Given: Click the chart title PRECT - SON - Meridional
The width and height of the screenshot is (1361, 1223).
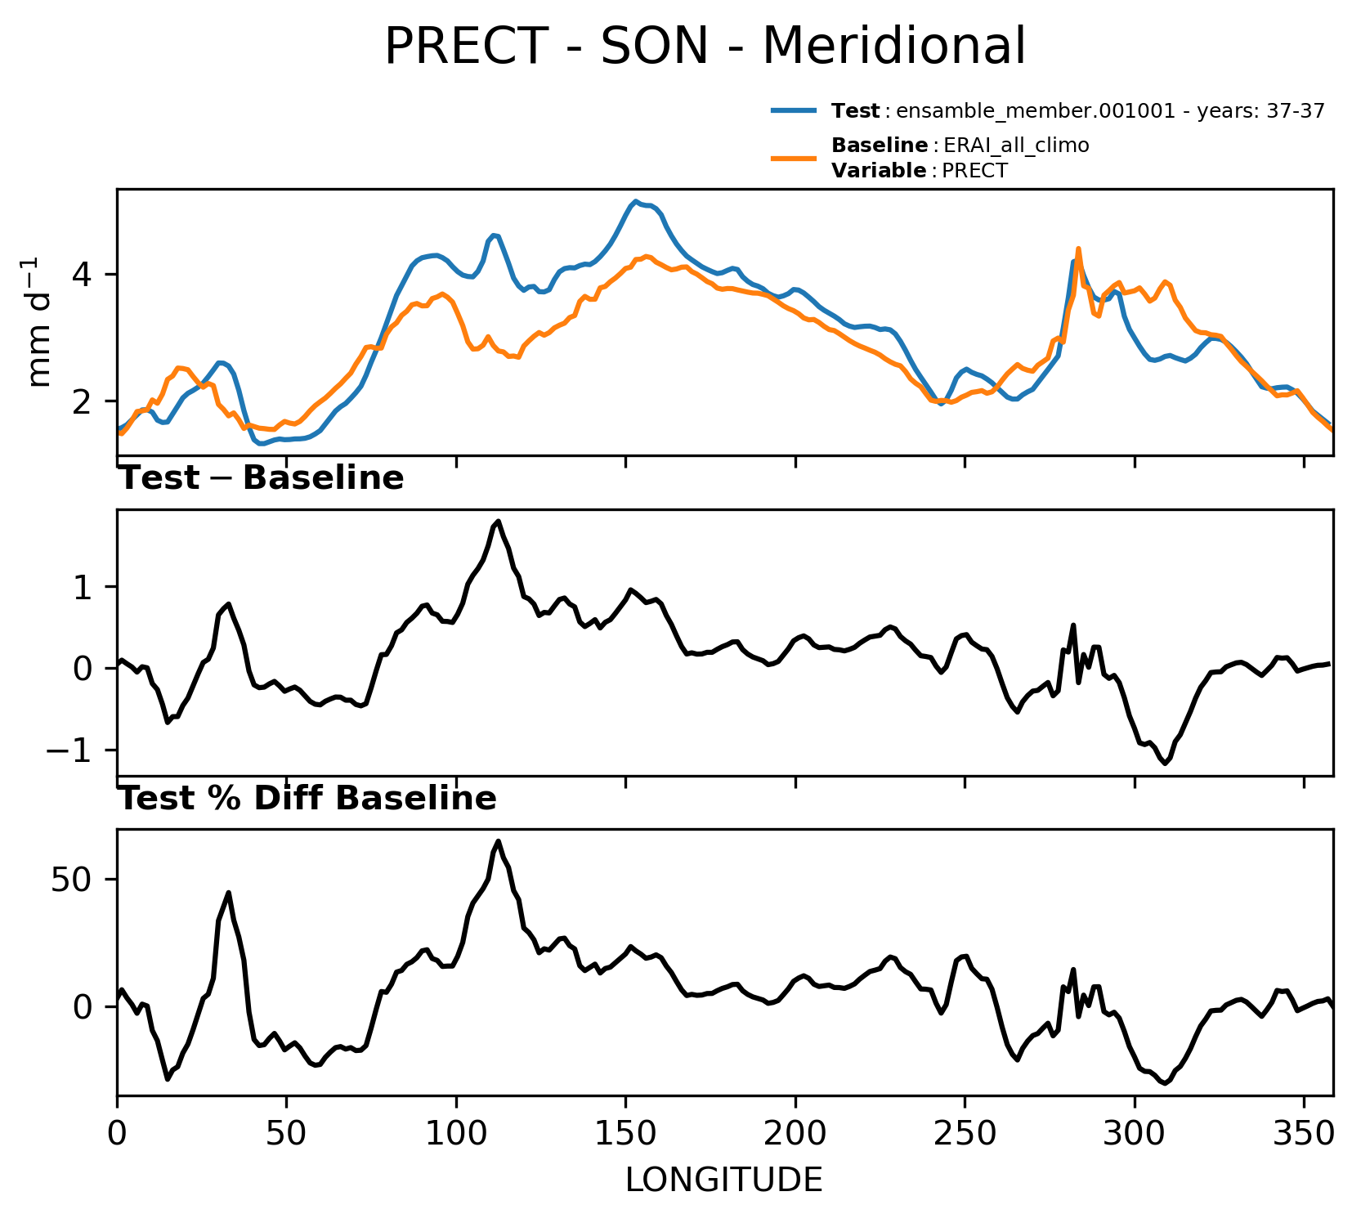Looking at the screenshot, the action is [x=705, y=46].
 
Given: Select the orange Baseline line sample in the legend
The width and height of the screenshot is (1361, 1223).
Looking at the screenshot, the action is [x=794, y=158].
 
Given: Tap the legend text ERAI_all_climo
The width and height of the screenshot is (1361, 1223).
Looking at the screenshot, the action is [x=1016, y=146].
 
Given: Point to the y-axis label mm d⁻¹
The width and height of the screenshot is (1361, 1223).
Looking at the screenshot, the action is [x=38, y=322].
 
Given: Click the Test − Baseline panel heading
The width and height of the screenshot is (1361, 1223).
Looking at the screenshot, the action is [x=262, y=478].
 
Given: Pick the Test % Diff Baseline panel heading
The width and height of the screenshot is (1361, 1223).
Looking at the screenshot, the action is [x=308, y=799].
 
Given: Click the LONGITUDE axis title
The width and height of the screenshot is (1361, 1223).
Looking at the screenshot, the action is [x=724, y=1180].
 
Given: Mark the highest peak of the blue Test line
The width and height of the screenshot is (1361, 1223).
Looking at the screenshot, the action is [x=635, y=201].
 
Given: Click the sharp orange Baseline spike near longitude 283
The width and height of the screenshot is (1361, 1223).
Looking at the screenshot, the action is [x=1078, y=249].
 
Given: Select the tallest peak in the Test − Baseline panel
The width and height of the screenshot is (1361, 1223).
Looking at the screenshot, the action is [x=499, y=521].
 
